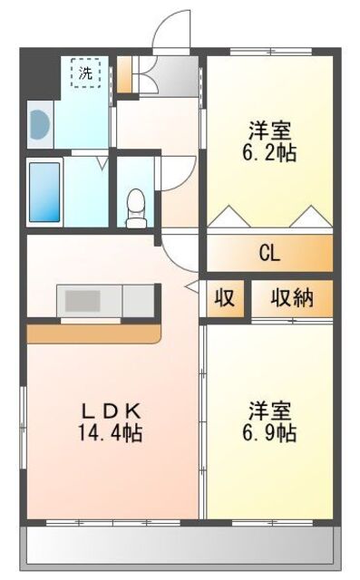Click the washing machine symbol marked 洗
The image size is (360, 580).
coord(85,72)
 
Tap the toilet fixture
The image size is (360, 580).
coord(136,207)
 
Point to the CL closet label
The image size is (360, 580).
coord(269,253)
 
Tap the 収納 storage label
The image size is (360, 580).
coord(290,298)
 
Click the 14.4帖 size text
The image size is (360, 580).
coord(108,432)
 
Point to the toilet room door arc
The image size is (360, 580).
coord(179,172)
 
